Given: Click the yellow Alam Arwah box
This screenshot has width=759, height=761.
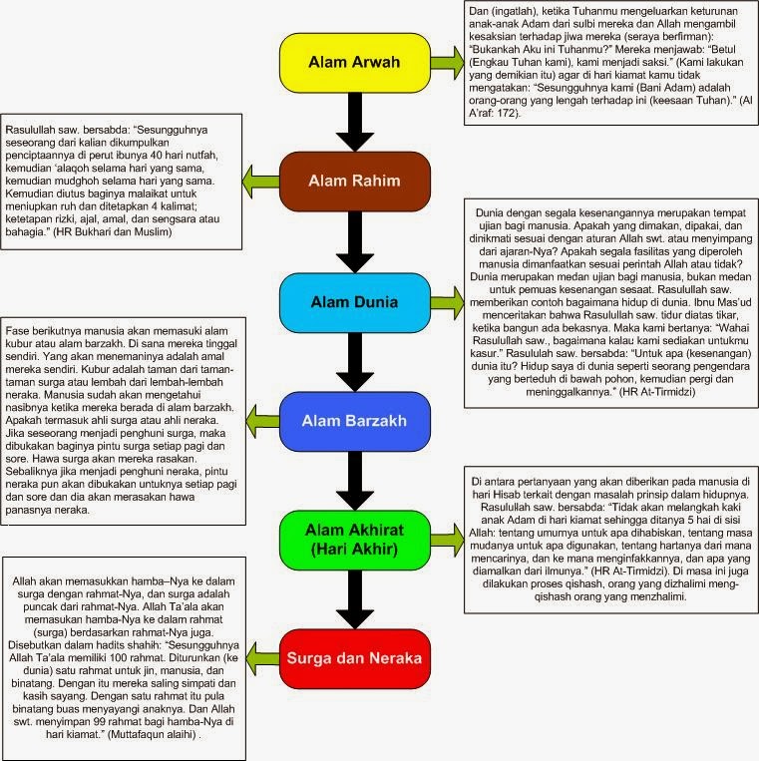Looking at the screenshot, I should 353,63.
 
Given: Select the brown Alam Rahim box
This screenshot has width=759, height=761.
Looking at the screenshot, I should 353,181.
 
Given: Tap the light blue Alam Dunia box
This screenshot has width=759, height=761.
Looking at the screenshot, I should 353,300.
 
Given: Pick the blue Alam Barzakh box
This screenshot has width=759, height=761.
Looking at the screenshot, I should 353,420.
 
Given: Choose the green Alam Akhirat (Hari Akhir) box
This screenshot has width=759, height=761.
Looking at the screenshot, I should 353,540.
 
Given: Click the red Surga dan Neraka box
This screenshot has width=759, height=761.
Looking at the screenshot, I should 353,659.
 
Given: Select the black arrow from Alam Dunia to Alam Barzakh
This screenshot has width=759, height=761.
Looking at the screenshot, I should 353,361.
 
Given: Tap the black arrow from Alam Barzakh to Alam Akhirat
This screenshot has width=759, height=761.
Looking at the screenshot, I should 353,481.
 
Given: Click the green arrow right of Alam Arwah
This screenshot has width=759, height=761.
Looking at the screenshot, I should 447,64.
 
